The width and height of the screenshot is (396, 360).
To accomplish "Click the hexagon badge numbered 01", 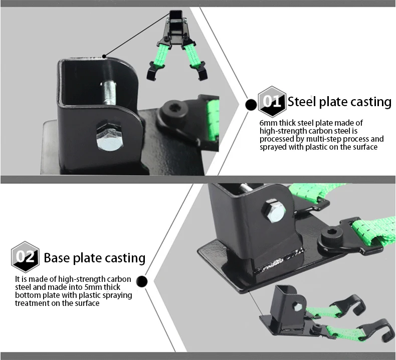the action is coord(272,102).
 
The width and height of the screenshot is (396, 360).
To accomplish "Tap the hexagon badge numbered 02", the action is coord(25,257).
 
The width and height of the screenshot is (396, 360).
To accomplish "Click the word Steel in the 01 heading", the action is coord(302,102).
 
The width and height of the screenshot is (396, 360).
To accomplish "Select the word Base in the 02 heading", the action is coord(57,258).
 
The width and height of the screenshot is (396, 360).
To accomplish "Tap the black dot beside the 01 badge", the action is coord(251,105).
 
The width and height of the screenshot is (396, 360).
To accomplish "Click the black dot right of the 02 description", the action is coord(142,281).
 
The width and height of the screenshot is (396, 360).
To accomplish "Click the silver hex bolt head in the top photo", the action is coord(110,138).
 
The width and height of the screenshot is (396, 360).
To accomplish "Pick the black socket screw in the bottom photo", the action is coord(332,235).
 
